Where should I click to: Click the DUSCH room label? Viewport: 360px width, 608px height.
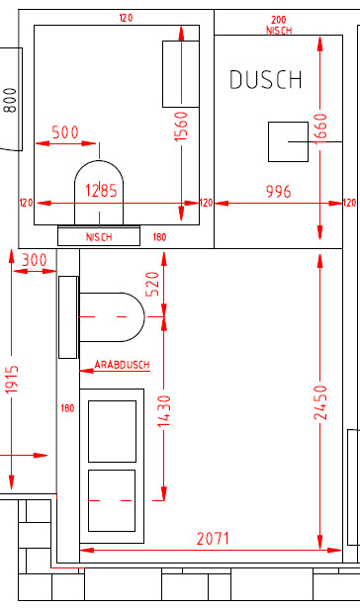point(266,79)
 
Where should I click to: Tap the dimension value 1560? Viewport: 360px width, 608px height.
point(181,126)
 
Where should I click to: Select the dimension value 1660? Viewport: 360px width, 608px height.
point(320,129)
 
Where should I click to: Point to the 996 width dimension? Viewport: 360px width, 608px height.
point(278,191)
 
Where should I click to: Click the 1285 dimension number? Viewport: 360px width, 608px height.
point(101,191)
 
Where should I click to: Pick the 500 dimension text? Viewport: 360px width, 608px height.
point(65,132)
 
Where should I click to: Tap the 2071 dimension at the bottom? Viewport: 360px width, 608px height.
point(213,539)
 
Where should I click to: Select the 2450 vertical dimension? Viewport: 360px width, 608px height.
point(320,402)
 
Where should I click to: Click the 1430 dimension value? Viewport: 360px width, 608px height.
point(164,411)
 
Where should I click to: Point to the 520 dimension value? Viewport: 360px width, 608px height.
point(152,284)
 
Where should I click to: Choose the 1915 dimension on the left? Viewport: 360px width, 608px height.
point(12,380)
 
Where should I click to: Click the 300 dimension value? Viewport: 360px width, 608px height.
point(35,260)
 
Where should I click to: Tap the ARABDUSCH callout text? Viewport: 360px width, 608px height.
point(123,365)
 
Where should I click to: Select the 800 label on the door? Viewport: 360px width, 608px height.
point(11,100)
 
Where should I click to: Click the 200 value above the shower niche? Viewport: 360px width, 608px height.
point(279,20)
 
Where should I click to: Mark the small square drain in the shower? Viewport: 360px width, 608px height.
point(288,141)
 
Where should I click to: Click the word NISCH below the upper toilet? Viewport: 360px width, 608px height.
point(99,237)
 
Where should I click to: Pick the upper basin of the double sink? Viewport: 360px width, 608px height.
point(112,431)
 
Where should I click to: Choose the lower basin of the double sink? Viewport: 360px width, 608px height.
point(112,500)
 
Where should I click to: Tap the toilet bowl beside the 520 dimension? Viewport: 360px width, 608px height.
point(112,317)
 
